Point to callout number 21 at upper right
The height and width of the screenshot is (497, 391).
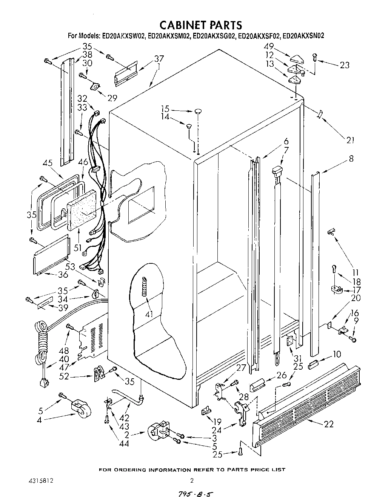tap(351, 140)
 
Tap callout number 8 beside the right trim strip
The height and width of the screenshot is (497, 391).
tap(351, 159)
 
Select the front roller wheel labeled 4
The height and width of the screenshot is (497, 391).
tap(81, 409)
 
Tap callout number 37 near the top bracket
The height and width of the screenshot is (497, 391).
tap(159, 59)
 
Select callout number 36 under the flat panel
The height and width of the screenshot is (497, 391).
tap(63, 275)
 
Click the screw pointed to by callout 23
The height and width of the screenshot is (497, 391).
tap(314, 57)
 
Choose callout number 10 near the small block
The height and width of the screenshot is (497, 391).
tap(337, 354)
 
